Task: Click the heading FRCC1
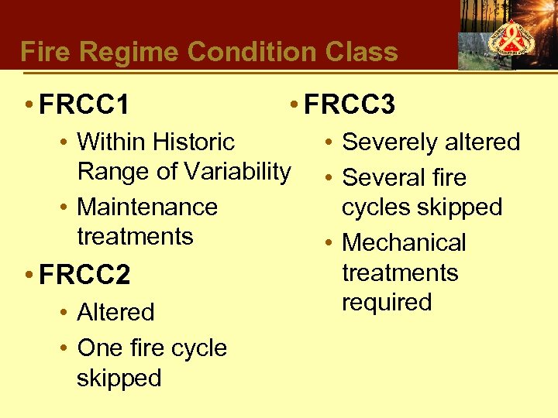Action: (84, 104)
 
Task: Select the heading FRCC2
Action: (84, 276)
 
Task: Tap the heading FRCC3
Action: (350, 104)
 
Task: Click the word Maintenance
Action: (147, 207)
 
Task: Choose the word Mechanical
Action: (404, 243)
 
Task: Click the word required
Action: (386, 302)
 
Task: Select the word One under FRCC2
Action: (100, 348)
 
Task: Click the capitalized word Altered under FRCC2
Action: (115, 312)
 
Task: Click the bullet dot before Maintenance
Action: (66, 207)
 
